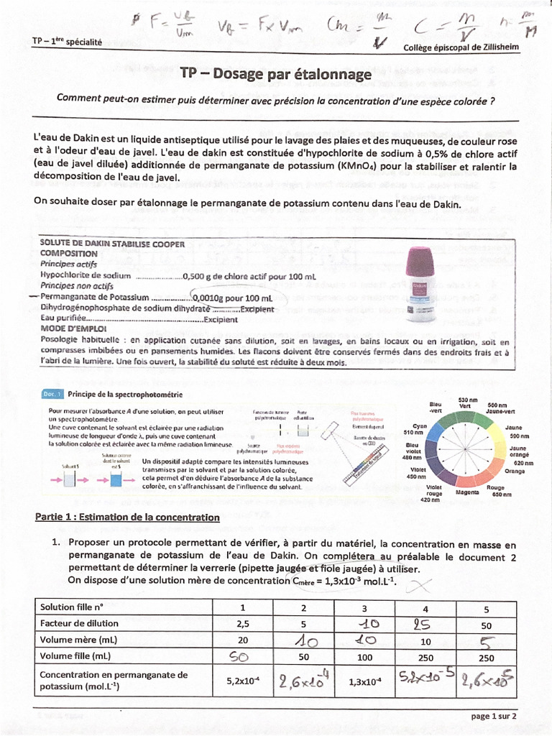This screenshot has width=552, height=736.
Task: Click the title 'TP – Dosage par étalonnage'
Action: coord(276,74)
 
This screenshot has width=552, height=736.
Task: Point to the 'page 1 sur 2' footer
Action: coord(494,716)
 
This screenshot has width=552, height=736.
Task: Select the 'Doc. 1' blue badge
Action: coord(53,395)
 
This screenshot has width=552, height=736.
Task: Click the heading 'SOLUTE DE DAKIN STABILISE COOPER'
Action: coord(113,244)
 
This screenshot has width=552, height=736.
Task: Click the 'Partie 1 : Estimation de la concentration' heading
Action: coord(127,517)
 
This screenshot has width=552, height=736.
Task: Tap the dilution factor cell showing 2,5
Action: coord(242,623)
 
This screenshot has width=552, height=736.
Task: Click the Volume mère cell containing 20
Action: coord(242,640)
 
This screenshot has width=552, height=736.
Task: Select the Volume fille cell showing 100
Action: coord(364,656)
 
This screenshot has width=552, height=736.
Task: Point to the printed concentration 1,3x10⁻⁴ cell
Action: coord(364,680)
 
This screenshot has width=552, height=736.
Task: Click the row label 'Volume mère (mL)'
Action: coord(79,640)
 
